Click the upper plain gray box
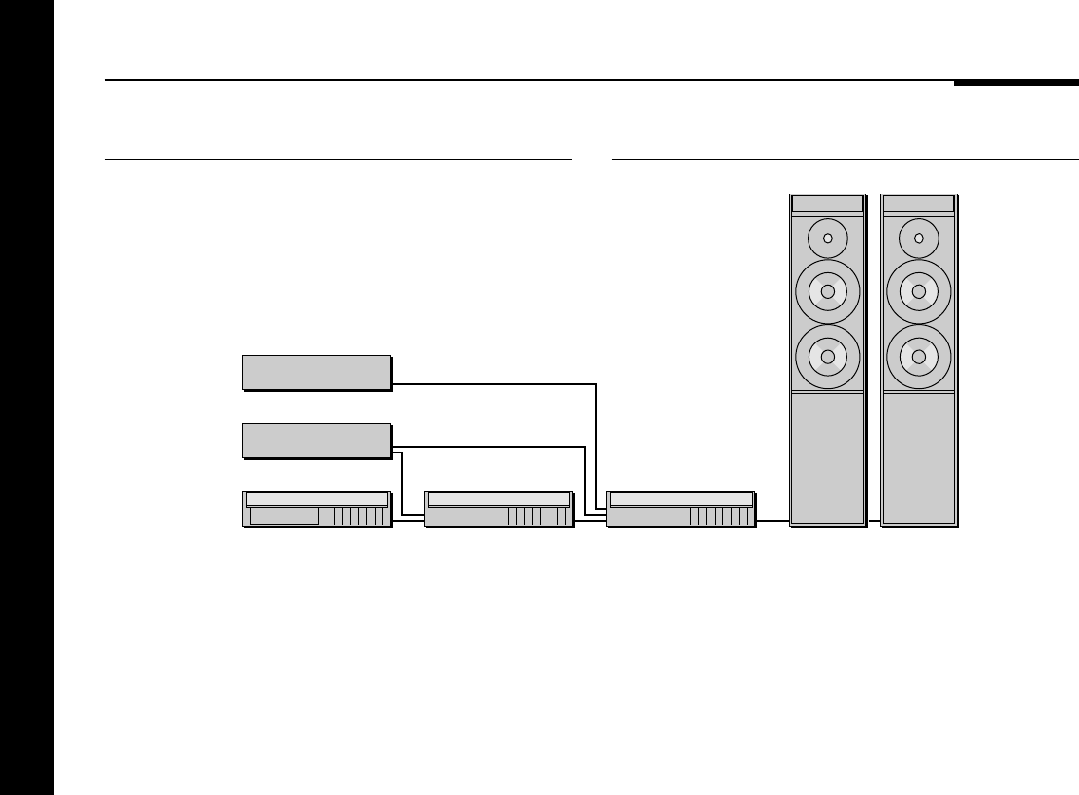[316, 372]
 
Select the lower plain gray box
[316, 440]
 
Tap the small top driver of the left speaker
[828, 238]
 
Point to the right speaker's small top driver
[919, 238]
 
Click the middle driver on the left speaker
[828, 291]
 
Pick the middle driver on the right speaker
[919, 291]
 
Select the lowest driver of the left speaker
[828, 357]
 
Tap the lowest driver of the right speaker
[919, 357]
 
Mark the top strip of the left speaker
[828, 204]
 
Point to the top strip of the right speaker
[919, 204]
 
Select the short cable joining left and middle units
[408, 521]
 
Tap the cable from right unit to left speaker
[772, 521]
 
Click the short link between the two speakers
[874, 521]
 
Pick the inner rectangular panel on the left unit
[284, 515]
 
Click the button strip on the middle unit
[537, 516]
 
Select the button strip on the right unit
[719, 516]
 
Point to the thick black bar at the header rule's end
[1015, 83]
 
